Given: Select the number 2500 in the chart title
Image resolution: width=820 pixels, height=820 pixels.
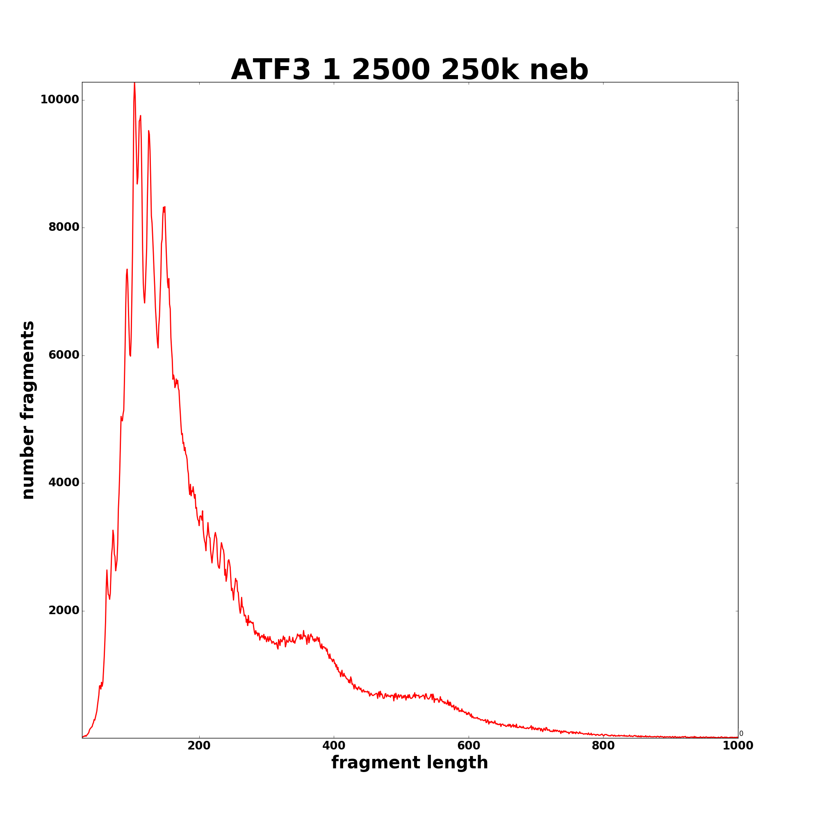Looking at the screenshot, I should (391, 70).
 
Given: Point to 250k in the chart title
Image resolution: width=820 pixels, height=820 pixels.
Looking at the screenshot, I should (480, 70).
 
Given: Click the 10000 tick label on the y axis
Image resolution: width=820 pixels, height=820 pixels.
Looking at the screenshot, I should (59, 100).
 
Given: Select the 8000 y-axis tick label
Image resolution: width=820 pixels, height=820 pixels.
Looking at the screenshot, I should (64, 228).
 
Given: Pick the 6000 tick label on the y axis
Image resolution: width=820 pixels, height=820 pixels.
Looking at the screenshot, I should (64, 355).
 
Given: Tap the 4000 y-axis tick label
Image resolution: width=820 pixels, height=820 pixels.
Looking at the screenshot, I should (64, 483).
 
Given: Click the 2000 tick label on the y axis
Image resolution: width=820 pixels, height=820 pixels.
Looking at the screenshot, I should (64, 611).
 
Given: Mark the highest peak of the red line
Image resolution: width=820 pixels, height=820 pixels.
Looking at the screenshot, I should (134, 83).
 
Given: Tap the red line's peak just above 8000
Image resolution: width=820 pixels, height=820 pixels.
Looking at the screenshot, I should (164, 207).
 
